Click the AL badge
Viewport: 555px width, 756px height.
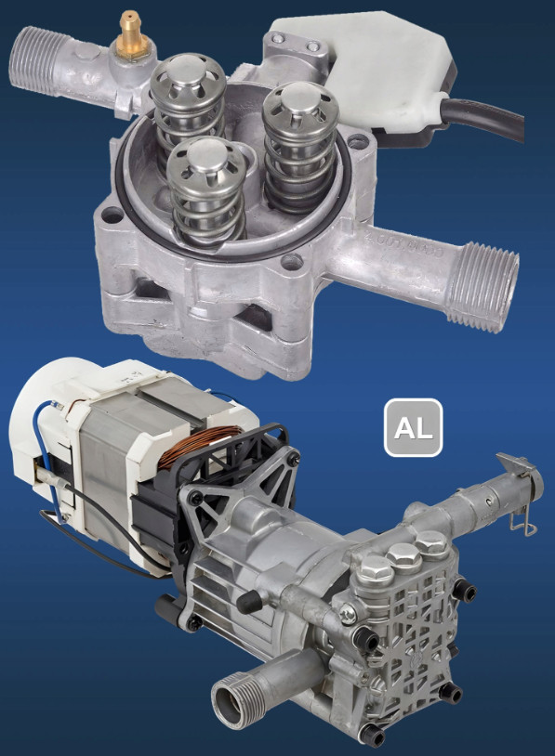(413, 427)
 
